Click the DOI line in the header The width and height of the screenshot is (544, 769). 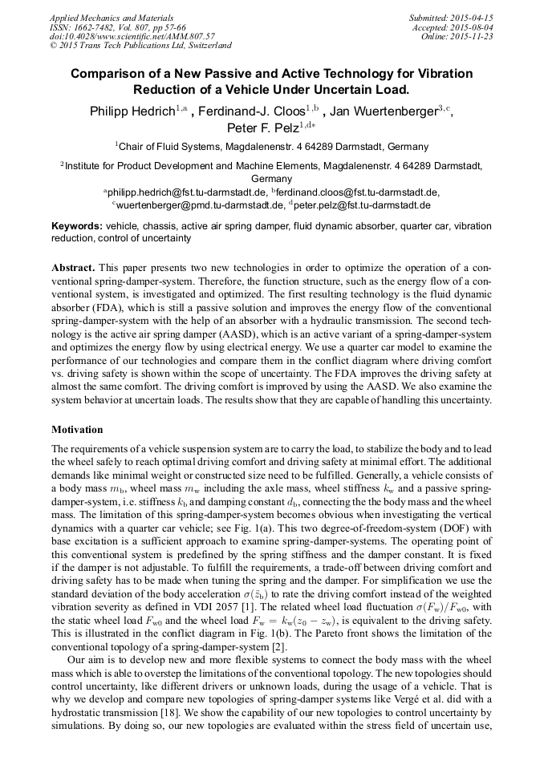(x=132, y=36)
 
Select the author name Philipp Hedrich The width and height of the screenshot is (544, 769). (x=132, y=111)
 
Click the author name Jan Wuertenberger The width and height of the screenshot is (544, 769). (x=385, y=111)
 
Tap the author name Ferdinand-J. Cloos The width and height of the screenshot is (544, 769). (x=257, y=111)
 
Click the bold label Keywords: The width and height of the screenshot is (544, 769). (x=76, y=227)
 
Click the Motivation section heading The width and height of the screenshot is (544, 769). (x=77, y=429)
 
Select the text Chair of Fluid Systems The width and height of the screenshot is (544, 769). (x=170, y=147)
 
